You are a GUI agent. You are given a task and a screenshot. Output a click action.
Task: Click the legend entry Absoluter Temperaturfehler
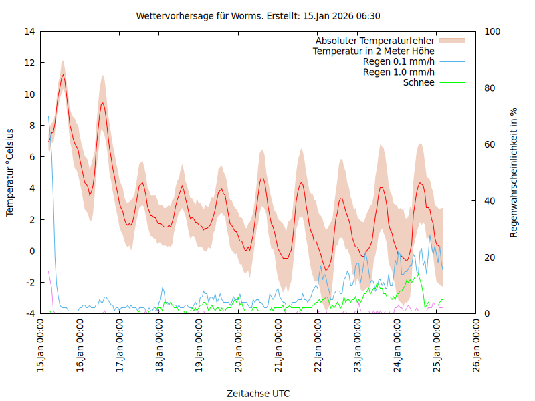click(x=375, y=41)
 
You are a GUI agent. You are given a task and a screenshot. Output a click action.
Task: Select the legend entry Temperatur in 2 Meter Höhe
click(x=374, y=51)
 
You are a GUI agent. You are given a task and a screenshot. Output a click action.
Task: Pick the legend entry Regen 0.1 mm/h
click(x=399, y=61)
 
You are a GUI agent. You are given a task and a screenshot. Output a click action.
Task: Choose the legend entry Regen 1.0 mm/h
click(x=399, y=72)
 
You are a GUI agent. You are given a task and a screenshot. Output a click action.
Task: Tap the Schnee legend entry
click(x=419, y=82)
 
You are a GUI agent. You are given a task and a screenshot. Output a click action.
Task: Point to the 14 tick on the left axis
click(x=30, y=31)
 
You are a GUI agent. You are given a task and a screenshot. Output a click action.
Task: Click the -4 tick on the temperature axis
click(x=30, y=313)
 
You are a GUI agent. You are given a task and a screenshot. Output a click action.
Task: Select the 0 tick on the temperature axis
click(x=32, y=251)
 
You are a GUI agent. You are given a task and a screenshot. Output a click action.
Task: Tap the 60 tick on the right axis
click(x=490, y=144)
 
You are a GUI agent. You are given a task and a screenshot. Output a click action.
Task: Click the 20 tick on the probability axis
click(x=490, y=257)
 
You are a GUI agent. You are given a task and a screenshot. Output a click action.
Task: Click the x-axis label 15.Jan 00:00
click(x=41, y=348)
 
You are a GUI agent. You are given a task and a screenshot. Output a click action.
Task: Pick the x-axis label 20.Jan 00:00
click(x=239, y=348)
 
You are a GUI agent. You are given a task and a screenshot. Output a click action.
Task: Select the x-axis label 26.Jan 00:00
click(x=477, y=348)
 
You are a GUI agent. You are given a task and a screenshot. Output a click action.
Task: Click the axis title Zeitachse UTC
click(x=258, y=393)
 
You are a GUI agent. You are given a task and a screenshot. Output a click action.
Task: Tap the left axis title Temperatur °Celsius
click(x=10, y=172)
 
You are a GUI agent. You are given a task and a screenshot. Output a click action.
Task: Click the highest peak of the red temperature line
click(x=63, y=74)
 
